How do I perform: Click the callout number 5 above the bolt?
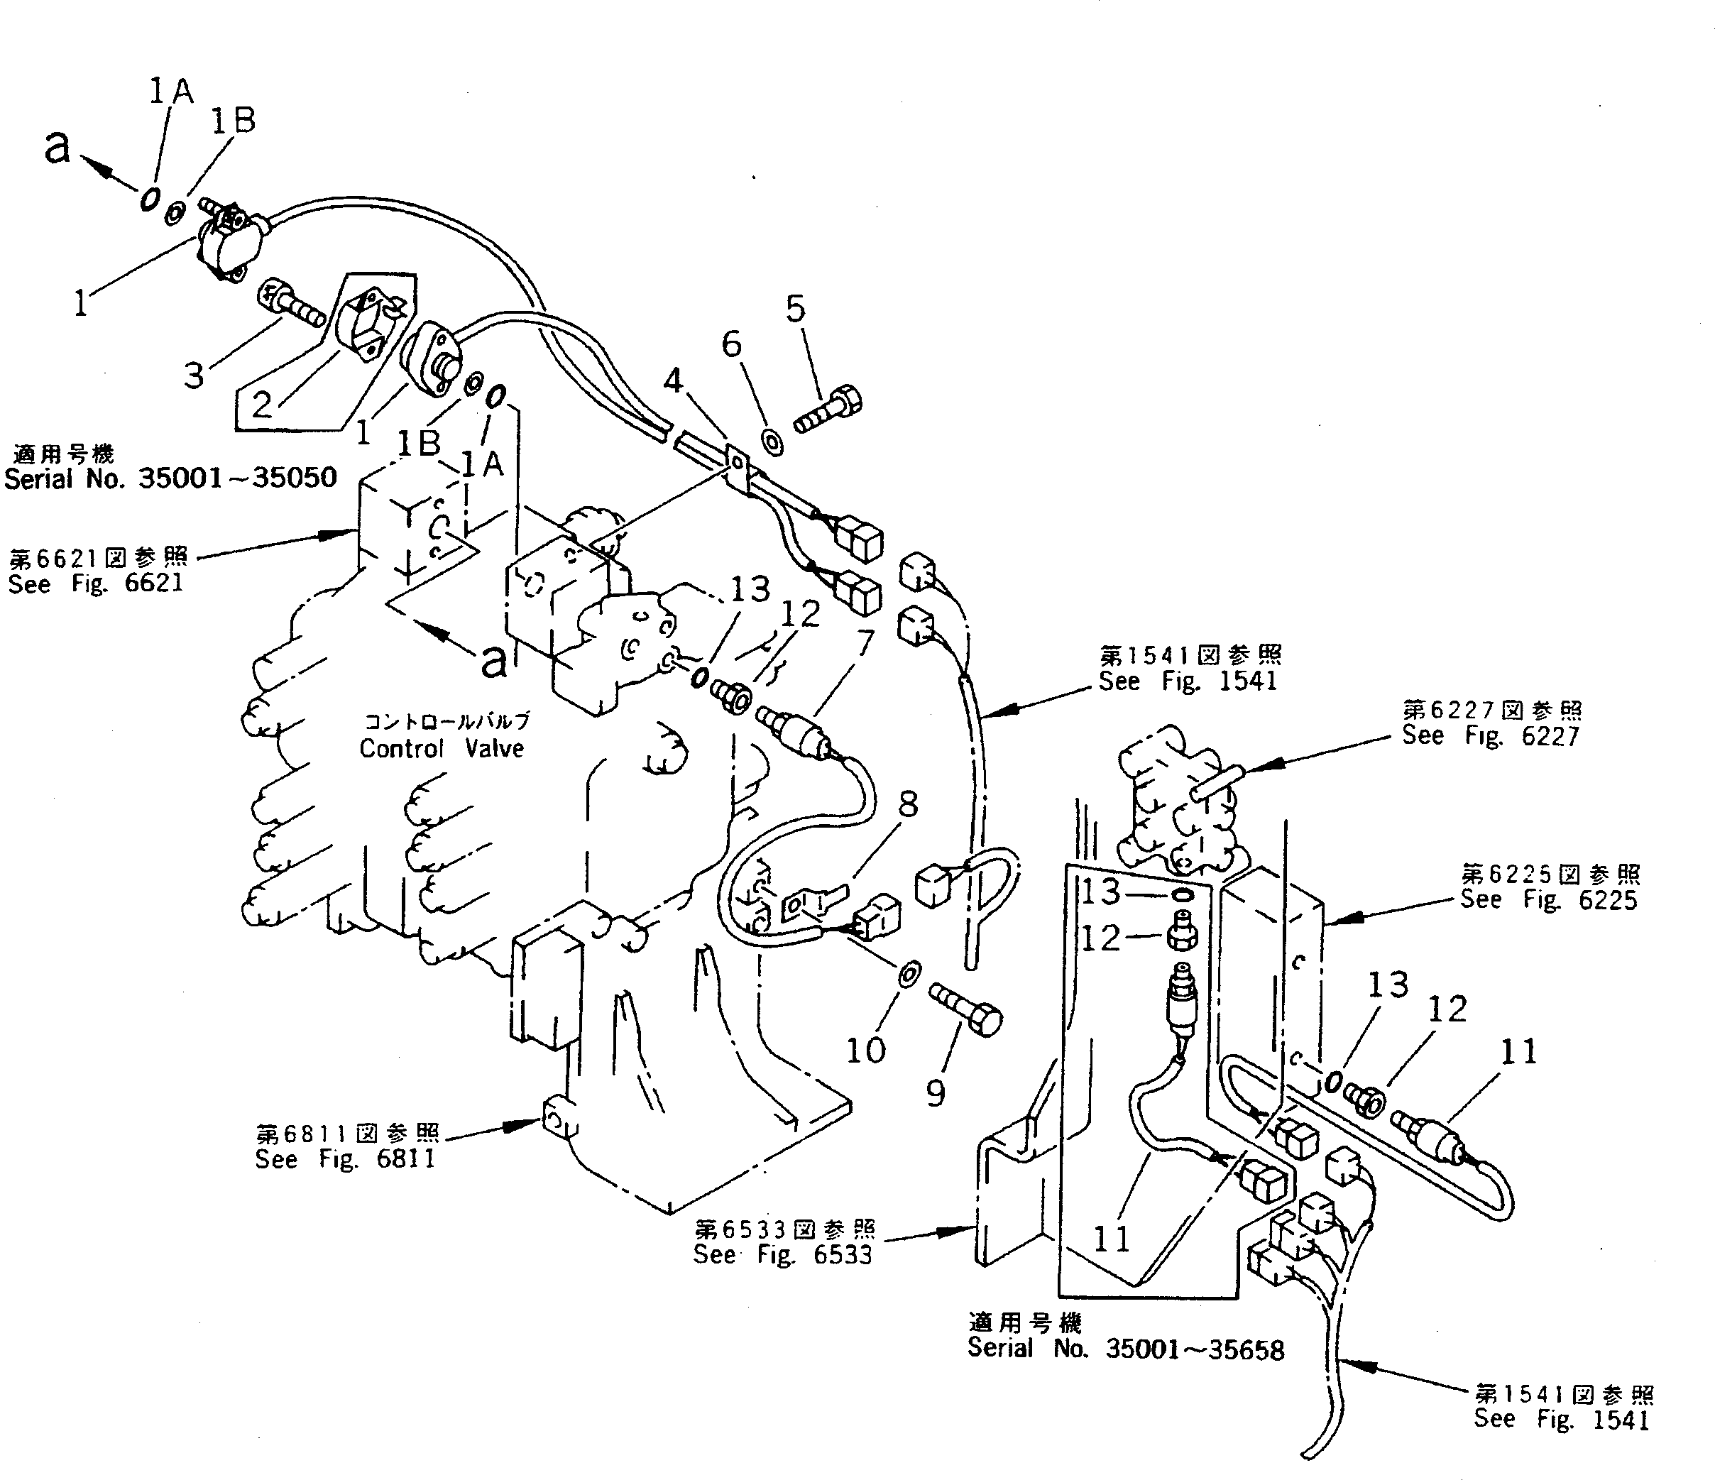[794, 309]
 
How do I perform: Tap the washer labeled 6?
[772, 442]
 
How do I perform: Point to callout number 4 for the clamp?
[674, 380]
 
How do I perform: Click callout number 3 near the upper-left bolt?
[194, 375]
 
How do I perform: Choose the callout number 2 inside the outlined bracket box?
[261, 405]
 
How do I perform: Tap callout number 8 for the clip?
[908, 804]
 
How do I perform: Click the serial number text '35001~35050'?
[238, 478]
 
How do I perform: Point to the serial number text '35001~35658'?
[1195, 1349]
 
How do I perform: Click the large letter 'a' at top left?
[57, 148]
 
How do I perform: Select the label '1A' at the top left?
[170, 91]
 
